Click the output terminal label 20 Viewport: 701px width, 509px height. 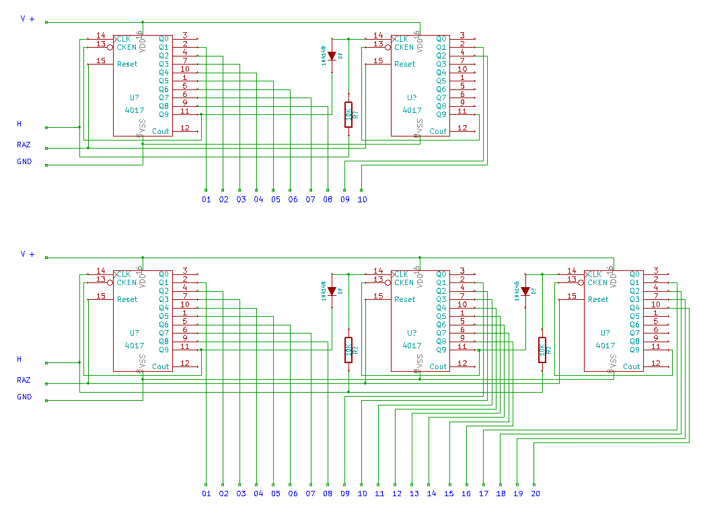pyautogui.click(x=535, y=494)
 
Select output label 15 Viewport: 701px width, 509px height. pyautogui.click(x=449, y=494)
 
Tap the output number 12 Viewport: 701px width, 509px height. pyautogui.click(x=397, y=494)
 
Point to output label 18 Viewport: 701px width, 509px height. pyautogui.click(x=501, y=494)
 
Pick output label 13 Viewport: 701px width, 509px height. pyautogui.click(x=414, y=494)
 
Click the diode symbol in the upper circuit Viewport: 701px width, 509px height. pyautogui.click(x=332, y=56)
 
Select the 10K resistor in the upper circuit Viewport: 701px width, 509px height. pyautogui.click(x=348, y=115)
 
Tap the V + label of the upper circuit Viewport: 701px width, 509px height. pyautogui.click(x=28, y=19)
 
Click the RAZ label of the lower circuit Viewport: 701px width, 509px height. pyautogui.click(x=24, y=380)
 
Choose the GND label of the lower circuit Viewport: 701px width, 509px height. pyautogui.click(x=24, y=397)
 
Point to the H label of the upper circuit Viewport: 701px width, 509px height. pyautogui.click(x=19, y=124)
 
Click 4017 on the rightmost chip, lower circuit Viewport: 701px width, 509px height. pyautogui.click(x=605, y=345)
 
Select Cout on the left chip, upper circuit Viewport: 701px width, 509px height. pyautogui.click(x=161, y=131)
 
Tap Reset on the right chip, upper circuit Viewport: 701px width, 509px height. pyautogui.click(x=405, y=64)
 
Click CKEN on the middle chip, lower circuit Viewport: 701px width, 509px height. pyautogui.click(x=404, y=282)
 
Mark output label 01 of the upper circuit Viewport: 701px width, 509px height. pyautogui.click(x=206, y=200)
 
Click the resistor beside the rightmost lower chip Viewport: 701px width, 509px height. pyautogui.click(x=542, y=350)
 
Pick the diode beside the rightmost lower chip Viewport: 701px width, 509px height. pyautogui.click(x=525, y=291)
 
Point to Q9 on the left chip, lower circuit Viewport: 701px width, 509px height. pyautogui.click(x=163, y=350)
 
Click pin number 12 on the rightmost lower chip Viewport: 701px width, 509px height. pyautogui.click(x=655, y=363)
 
